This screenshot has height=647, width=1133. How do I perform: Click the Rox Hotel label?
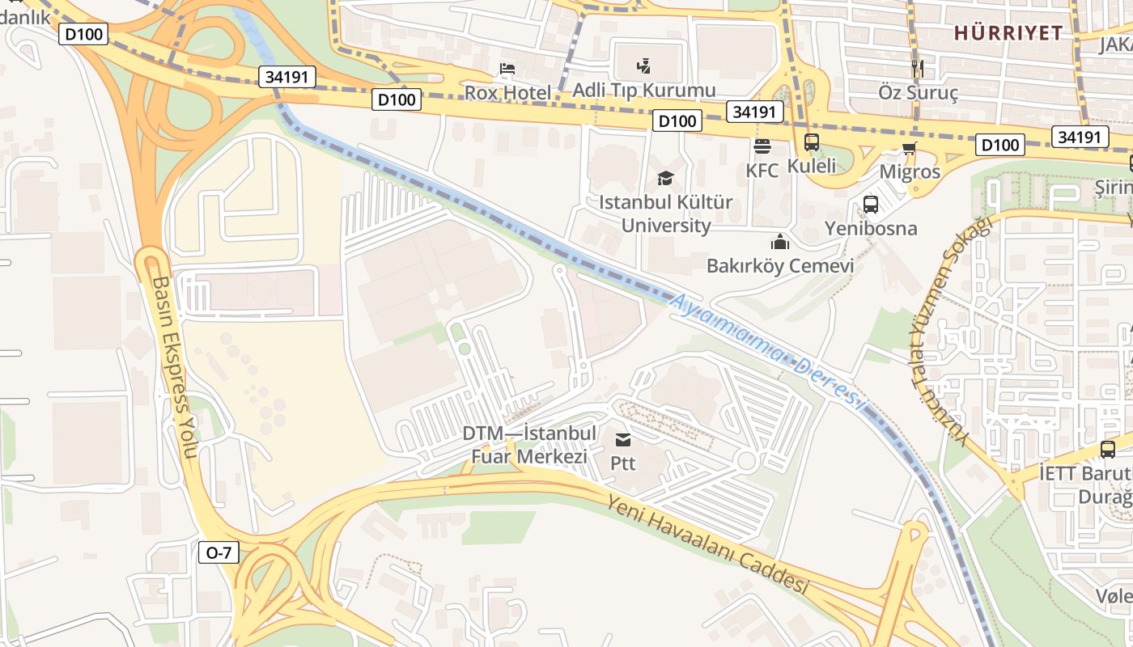[x=507, y=93]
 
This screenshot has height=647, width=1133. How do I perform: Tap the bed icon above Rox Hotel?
[x=507, y=69]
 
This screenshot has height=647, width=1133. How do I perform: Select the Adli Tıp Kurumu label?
[x=644, y=90]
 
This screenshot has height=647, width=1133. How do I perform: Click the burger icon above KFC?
[x=762, y=146]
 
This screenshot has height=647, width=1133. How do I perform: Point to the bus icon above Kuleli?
[x=812, y=142]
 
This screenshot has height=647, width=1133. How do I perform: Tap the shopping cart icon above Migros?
[x=910, y=148]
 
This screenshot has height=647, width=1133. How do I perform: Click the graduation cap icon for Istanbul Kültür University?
[x=665, y=178]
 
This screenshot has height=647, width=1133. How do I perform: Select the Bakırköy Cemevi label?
[x=780, y=265]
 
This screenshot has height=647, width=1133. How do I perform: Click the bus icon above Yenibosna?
[x=871, y=205]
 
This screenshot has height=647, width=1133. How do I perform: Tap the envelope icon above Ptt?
[x=623, y=440]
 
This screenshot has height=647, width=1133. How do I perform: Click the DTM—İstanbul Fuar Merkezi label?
[x=529, y=445]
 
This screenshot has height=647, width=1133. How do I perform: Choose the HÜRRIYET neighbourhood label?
[x=1008, y=33]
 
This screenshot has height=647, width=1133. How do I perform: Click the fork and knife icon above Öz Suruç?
[x=917, y=68]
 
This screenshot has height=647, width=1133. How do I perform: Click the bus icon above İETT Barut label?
[x=1108, y=450]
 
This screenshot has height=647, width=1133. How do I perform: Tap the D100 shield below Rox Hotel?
[x=397, y=100]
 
